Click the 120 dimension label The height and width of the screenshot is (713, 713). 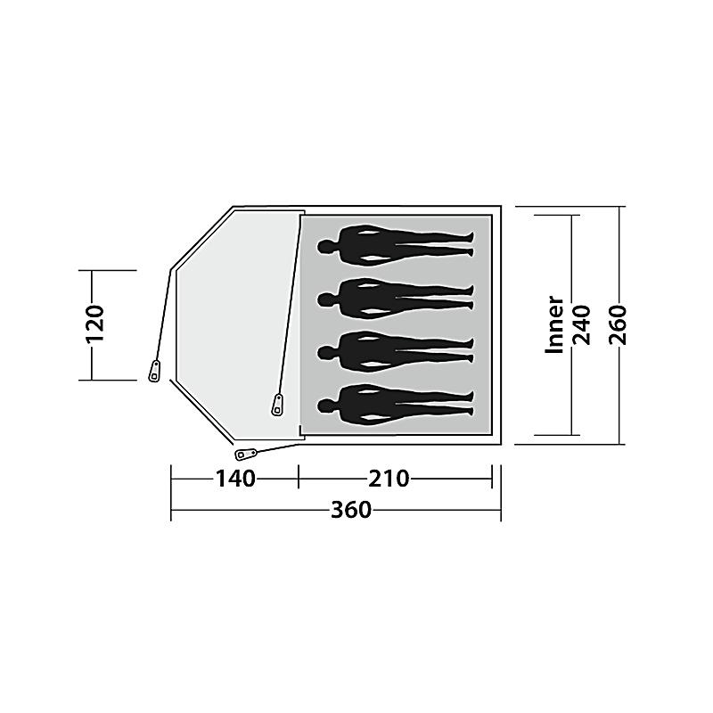[95, 324]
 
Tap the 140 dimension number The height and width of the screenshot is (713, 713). [235, 479]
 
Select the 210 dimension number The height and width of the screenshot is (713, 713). [389, 479]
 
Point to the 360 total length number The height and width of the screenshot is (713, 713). [351, 510]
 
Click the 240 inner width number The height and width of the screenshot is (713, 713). [581, 324]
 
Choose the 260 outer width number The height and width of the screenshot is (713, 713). [619, 324]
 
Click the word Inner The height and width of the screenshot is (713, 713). [553, 324]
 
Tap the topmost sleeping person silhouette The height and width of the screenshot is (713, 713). [396, 245]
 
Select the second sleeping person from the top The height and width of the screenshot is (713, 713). [396, 299]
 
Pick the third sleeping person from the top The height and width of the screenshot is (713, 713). [396, 351]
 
